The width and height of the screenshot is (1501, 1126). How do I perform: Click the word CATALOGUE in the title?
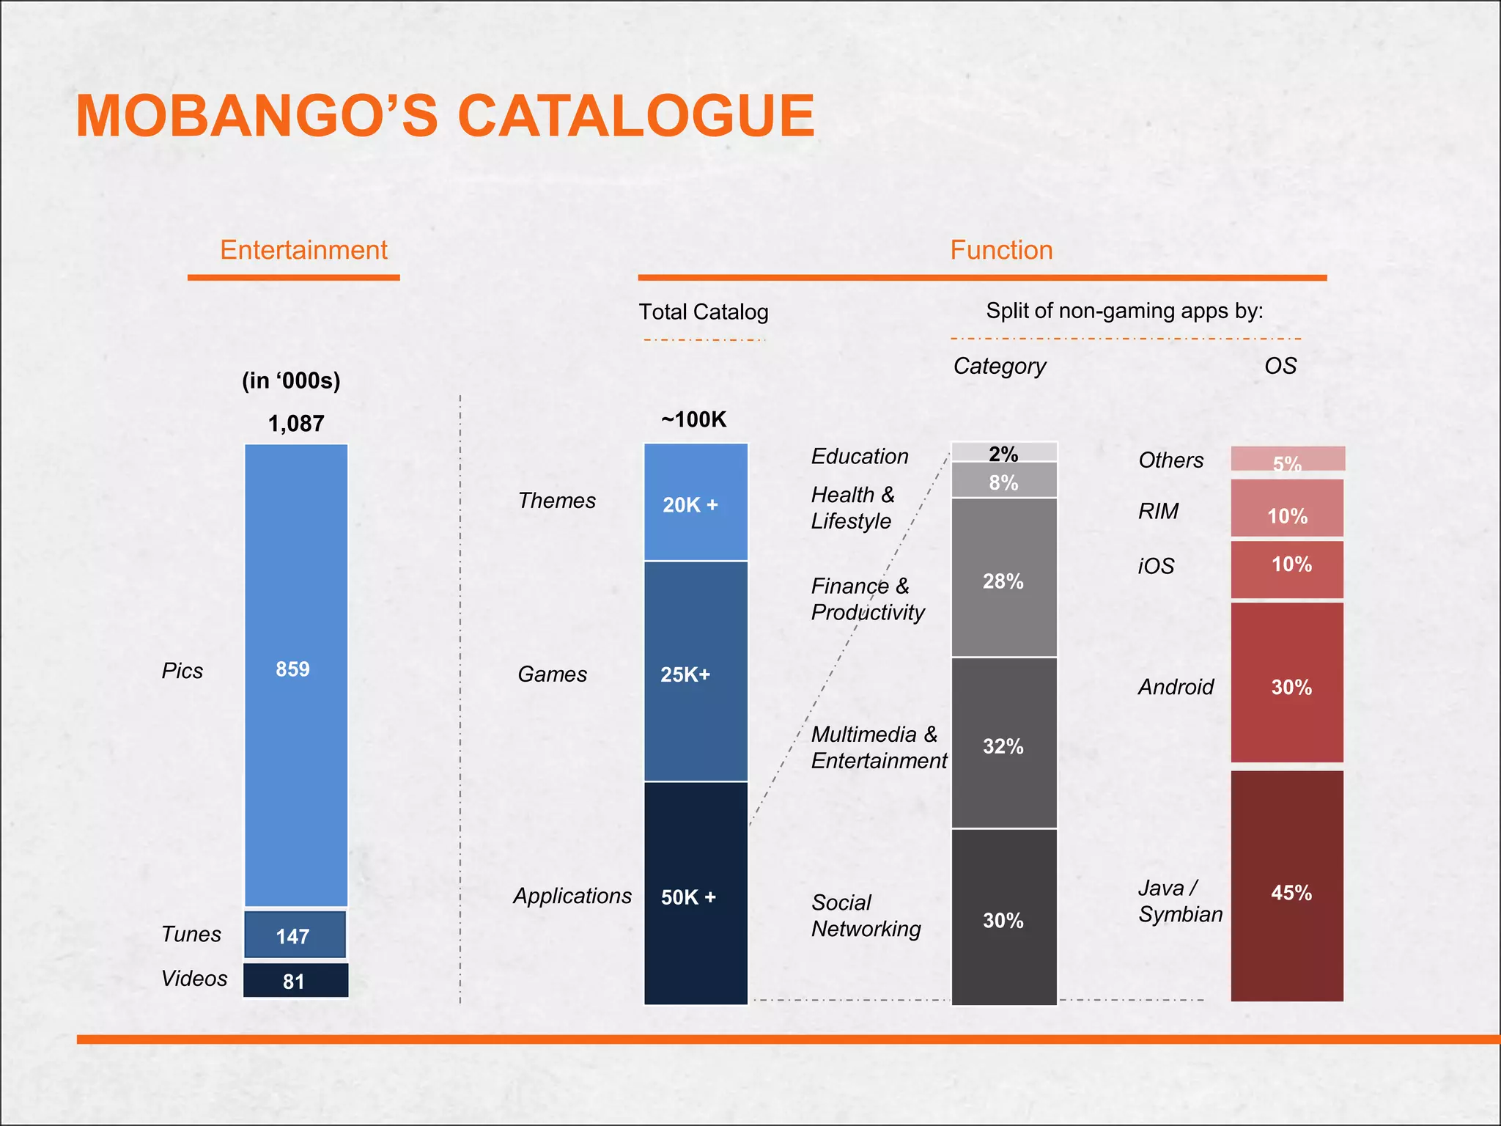(635, 116)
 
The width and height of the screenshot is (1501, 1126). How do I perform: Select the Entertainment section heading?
(303, 250)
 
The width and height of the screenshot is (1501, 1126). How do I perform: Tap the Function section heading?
(1001, 250)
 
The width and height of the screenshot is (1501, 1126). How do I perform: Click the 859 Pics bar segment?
(295, 674)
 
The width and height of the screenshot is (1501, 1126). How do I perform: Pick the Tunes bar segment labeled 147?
(295, 935)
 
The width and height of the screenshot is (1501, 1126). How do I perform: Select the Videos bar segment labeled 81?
(295, 981)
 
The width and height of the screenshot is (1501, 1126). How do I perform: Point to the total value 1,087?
(296, 424)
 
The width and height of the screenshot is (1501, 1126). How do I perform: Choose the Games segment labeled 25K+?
(696, 672)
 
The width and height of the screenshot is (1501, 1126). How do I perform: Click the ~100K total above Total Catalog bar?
(693, 419)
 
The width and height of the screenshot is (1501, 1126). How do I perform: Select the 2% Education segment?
(1003, 452)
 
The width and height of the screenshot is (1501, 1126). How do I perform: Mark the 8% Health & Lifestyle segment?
(1003, 481)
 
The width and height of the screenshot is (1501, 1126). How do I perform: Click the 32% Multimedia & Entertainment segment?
(1003, 744)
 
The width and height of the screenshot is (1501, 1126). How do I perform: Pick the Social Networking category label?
(866, 916)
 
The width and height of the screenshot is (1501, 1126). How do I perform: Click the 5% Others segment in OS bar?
(1287, 459)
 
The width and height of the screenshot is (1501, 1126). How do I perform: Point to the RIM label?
(1158, 511)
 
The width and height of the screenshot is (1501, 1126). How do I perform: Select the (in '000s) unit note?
(291, 380)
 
